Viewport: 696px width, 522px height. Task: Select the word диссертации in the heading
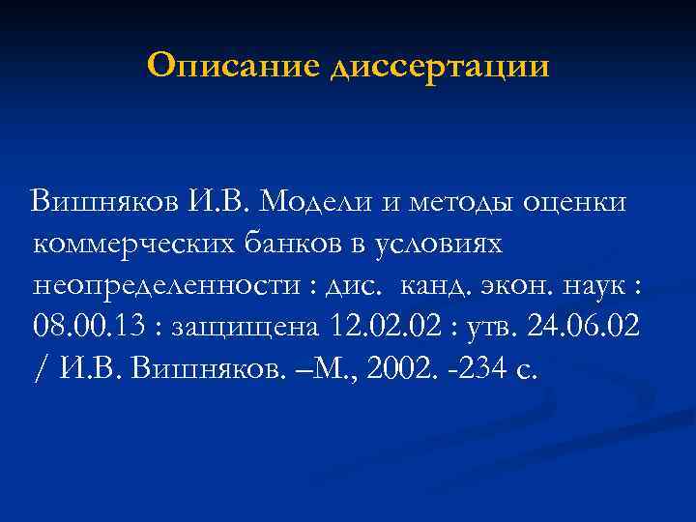[439, 69]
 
